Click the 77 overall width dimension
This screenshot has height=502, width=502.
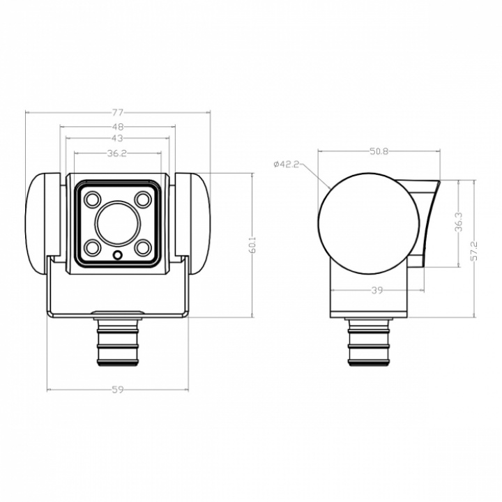tap(118, 112)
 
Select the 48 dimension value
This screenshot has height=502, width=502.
tap(118, 127)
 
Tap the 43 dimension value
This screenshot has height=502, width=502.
tap(118, 138)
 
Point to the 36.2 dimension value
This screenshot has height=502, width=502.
tap(117, 153)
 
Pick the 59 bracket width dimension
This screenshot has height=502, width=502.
tap(118, 390)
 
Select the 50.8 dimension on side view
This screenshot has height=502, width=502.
tap(379, 151)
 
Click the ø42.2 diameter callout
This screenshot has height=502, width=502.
tap(287, 165)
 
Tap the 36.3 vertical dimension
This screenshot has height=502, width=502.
tap(459, 222)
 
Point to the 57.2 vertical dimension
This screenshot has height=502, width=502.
tap(474, 251)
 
